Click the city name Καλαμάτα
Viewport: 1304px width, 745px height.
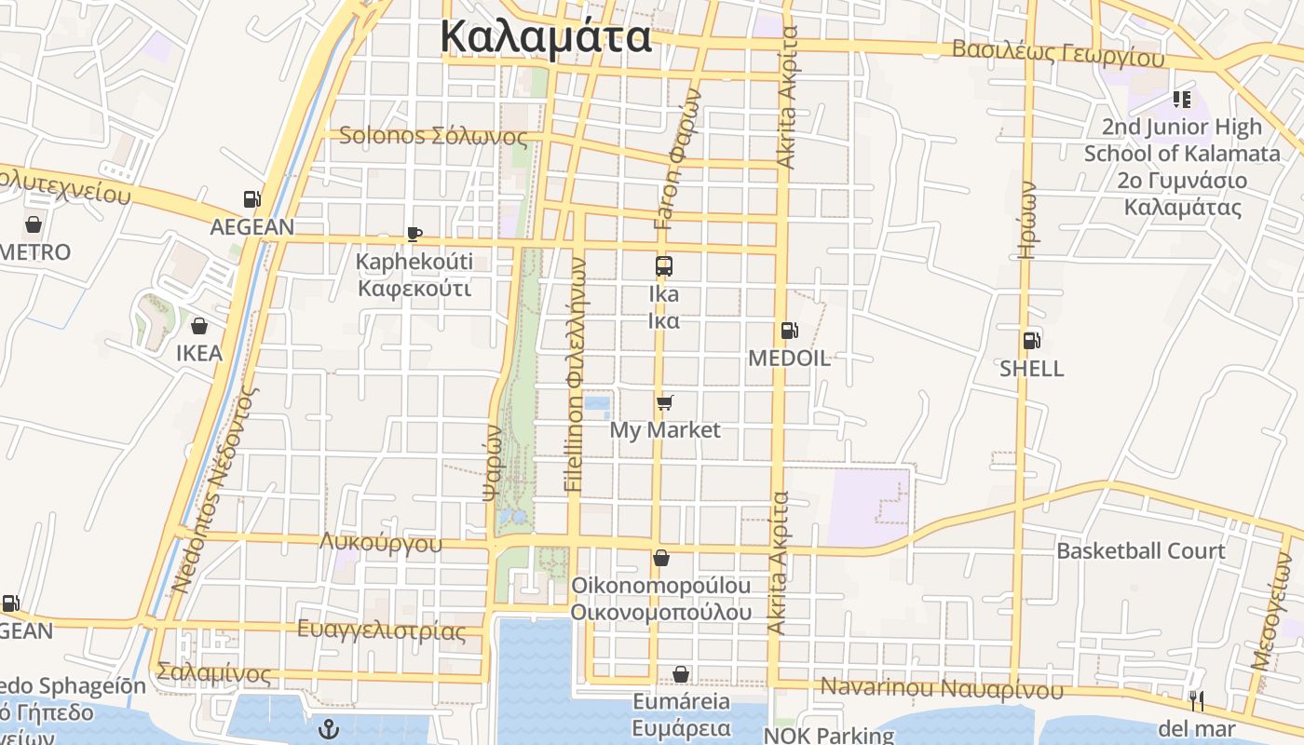(x=546, y=37)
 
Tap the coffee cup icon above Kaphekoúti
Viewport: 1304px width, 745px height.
(x=414, y=234)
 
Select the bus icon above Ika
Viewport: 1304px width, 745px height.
(x=664, y=266)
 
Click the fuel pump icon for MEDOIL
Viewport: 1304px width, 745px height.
(x=788, y=330)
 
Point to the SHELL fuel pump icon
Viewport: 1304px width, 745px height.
(x=1031, y=341)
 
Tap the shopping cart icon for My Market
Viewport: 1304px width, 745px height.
(x=664, y=402)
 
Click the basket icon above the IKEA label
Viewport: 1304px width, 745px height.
(x=198, y=326)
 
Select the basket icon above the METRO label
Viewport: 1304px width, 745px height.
(x=34, y=224)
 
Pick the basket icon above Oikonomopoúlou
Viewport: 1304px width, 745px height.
(x=661, y=558)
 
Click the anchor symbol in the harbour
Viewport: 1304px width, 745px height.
(x=327, y=729)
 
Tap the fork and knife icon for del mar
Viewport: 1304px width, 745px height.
(x=1197, y=700)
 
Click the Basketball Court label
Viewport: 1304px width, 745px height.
(x=1140, y=550)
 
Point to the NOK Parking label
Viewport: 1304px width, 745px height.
(x=829, y=735)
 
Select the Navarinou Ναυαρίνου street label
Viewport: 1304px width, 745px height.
(x=941, y=689)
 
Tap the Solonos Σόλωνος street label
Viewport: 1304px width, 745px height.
(x=433, y=136)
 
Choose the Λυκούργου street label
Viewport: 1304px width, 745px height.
(x=381, y=543)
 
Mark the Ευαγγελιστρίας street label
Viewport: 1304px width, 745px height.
(x=381, y=630)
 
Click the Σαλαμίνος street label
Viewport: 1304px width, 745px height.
(x=214, y=672)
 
